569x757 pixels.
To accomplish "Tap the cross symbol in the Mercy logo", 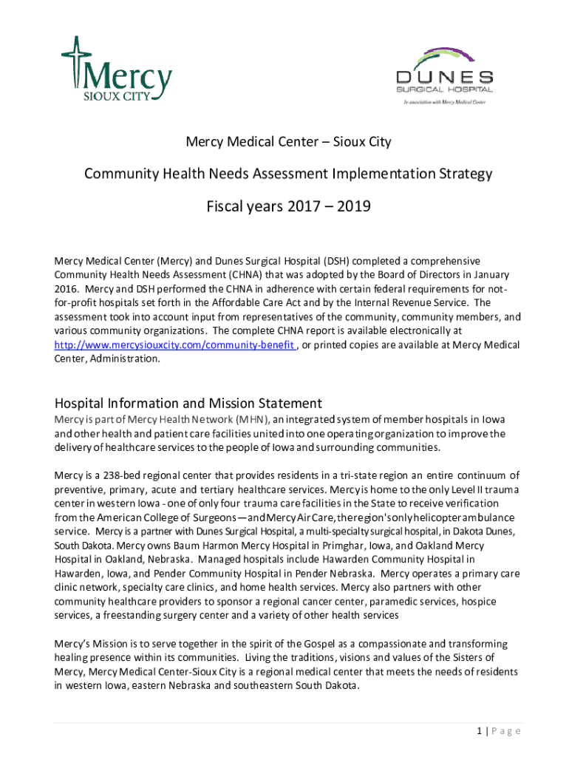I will click(74, 60).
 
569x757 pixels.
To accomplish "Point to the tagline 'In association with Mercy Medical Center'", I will click(444, 101).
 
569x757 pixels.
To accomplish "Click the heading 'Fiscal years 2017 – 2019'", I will click(288, 207).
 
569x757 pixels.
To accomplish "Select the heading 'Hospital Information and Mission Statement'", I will click(188, 404).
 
